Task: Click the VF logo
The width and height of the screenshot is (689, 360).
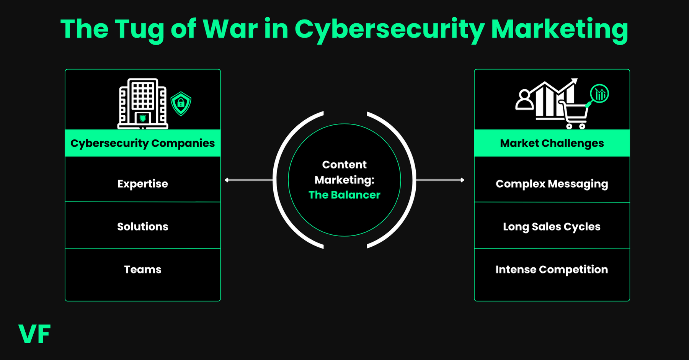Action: click(34, 334)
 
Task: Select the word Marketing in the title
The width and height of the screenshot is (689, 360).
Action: click(559, 30)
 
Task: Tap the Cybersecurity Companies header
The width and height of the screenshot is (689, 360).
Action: click(143, 143)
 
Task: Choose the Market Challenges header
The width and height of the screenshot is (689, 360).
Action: click(552, 143)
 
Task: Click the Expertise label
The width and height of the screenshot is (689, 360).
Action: click(143, 184)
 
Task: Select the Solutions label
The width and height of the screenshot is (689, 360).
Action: click(143, 226)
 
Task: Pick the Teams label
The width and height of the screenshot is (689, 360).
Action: click(143, 269)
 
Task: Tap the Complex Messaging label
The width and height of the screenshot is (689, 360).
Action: click(552, 184)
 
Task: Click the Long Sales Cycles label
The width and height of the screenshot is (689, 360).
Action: click(552, 226)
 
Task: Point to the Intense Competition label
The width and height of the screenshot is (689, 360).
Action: click(552, 269)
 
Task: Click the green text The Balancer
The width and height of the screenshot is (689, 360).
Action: click(344, 195)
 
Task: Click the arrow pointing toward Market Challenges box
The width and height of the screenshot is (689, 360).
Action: click(441, 180)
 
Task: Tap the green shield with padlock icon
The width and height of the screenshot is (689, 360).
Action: click(181, 103)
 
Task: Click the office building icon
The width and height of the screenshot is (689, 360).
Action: click(142, 104)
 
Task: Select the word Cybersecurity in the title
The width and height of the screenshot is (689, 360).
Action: click(389, 30)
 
